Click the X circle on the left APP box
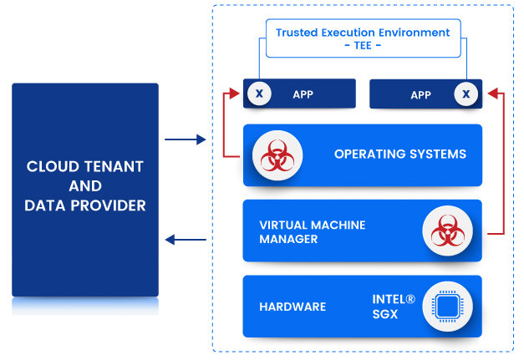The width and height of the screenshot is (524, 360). (258, 94)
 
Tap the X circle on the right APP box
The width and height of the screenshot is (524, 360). (466, 94)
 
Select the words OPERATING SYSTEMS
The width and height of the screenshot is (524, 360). (399, 155)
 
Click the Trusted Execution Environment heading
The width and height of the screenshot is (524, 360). (363, 33)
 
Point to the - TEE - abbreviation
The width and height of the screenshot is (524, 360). (363, 45)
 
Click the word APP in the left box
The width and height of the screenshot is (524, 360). (303, 94)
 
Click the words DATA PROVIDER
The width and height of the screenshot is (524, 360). (85, 205)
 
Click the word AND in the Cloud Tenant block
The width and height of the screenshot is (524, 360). (85, 185)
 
